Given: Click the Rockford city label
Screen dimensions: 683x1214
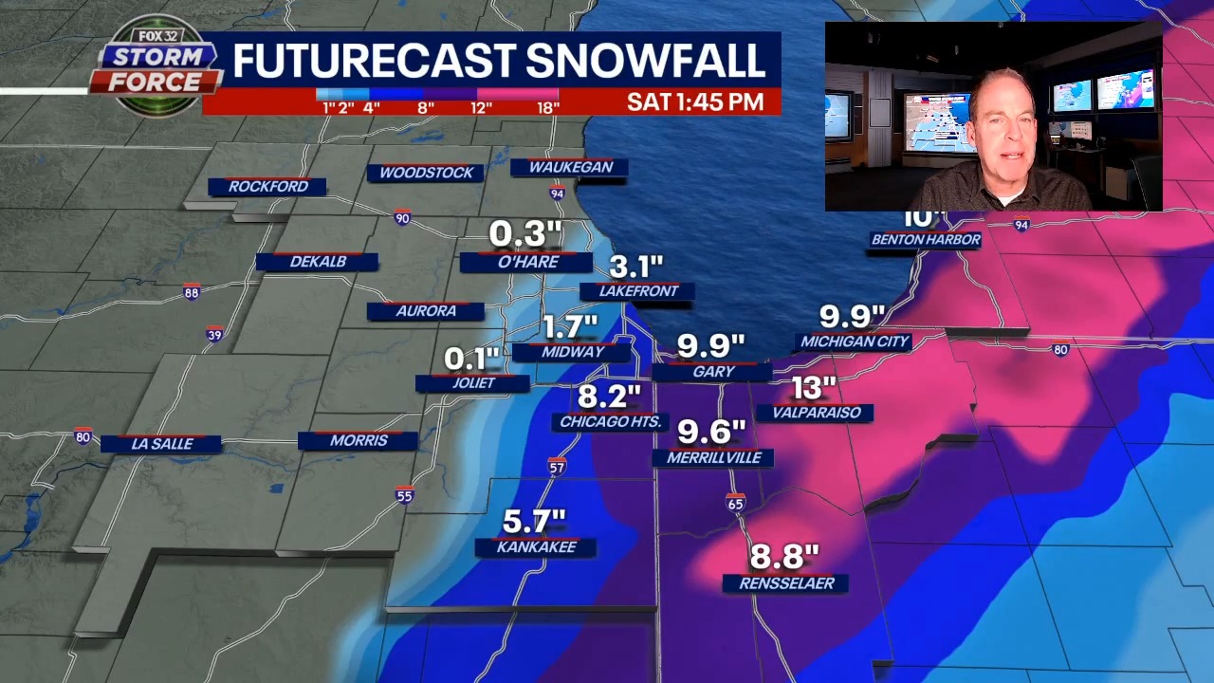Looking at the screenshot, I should [x=267, y=187].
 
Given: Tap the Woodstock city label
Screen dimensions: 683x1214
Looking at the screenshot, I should [x=426, y=173].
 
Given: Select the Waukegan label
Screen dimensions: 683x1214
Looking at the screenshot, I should [x=570, y=167].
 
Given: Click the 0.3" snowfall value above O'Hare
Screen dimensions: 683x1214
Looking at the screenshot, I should [x=525, y=233].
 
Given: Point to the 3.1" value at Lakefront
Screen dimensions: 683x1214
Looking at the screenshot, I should [x=635, y=267].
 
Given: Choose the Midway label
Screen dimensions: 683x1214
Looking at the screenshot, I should [x=572, y=352].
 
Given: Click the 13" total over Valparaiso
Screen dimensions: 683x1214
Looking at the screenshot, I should [x=814, y=388].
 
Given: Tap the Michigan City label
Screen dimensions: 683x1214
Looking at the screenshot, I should [x=855, y=341].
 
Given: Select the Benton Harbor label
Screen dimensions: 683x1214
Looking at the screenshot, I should [x=925, y=240].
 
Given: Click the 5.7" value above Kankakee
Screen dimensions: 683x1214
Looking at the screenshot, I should [x=534, y=521].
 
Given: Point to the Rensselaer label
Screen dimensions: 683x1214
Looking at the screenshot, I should [x=785, y=583].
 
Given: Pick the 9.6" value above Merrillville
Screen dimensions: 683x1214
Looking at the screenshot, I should [x=711, y=433].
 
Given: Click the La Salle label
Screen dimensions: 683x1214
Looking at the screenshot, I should [x=161, y=444].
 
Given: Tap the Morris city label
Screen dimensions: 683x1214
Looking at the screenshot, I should [x=359, y=441].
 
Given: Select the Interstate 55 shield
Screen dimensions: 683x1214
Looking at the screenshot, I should [x=405, y=494].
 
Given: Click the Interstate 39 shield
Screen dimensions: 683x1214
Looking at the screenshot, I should [x=215, y=334].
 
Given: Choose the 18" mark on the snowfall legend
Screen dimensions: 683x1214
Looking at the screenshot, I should [x=547, y=108].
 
